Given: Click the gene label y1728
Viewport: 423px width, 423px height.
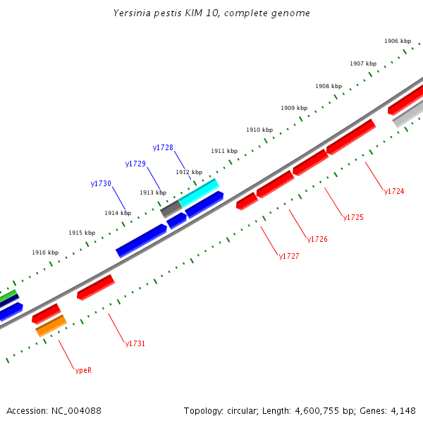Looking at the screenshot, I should click(x=163, y=147).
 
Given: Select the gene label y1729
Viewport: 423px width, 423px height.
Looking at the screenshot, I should click(x=135, y=164).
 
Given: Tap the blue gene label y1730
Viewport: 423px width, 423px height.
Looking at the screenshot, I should click(x=101, y=183).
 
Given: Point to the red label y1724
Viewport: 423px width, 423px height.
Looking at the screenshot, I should click(x=394, y=191).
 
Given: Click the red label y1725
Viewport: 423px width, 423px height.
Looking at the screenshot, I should click(x=353, y=217).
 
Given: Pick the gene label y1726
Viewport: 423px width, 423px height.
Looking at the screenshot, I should click(x=317, y=240).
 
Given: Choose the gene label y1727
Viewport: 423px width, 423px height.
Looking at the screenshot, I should click(x=289, y=257).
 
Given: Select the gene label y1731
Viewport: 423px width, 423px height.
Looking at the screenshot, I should click(x=135, y=344).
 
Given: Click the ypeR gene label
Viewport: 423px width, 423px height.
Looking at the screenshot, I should click(x=83, y=370).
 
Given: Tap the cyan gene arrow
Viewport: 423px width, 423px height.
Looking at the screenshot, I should click(x=199, y=192).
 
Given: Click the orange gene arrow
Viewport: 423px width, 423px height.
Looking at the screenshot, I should click(x=51, y=326).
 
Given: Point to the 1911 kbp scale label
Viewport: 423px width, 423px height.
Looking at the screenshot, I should click(x=224, y=152).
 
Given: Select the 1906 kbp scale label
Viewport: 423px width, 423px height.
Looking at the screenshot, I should click(x=398, y=41).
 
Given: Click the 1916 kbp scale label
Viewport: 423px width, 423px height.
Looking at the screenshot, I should click(x=45, y=252).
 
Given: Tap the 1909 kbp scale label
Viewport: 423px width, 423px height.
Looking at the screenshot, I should click(x=294, y=108).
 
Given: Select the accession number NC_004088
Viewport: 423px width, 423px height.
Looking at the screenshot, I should click(x=75, y=410).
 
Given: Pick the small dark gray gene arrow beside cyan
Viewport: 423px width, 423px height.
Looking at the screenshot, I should click(x=171, y=209).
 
